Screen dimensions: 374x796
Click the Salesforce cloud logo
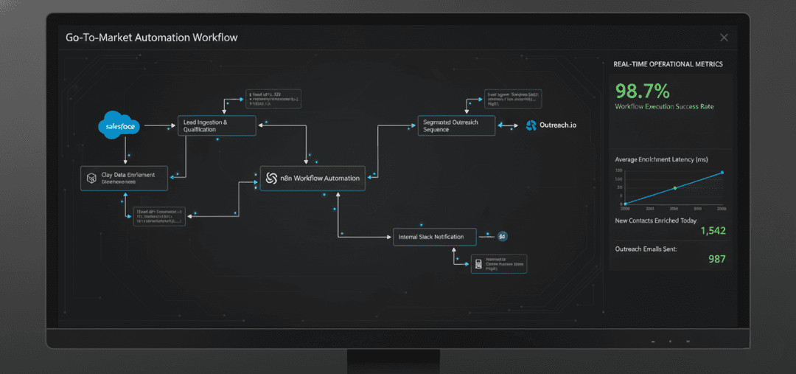[118, 125]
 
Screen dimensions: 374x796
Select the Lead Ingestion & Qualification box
[217, 125]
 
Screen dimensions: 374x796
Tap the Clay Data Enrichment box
[124, 178]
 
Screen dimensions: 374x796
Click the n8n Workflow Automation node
[313, 178]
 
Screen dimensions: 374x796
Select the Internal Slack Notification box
[435, 237]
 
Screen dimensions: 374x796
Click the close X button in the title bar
[724, 38]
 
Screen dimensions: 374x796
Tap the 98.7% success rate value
[642, 91]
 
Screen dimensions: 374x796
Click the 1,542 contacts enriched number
[712, 231]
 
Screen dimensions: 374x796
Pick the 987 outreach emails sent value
[716, 259]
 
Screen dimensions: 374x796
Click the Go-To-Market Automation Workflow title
[152, 37]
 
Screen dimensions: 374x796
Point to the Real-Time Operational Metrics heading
[668, 65]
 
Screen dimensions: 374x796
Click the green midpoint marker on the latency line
[674, 188]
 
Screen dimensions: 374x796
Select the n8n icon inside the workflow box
[270, 178]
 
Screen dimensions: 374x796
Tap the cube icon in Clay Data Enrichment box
[92, 178]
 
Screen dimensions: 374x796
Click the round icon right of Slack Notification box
[503, 237]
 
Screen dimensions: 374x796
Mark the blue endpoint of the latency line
[722, 173]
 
